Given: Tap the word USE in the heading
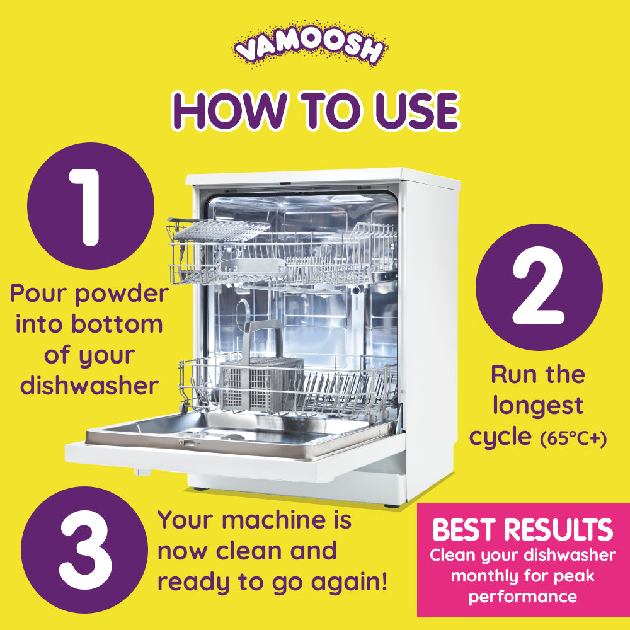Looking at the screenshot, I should click(409, 112).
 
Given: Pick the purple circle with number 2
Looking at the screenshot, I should click(539, 287).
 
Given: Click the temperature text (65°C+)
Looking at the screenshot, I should click(573, 439).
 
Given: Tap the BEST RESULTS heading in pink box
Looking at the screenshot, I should click(522, 530).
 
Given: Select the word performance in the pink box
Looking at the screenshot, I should click(522, 597).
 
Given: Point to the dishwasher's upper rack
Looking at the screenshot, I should click(283, 252).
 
